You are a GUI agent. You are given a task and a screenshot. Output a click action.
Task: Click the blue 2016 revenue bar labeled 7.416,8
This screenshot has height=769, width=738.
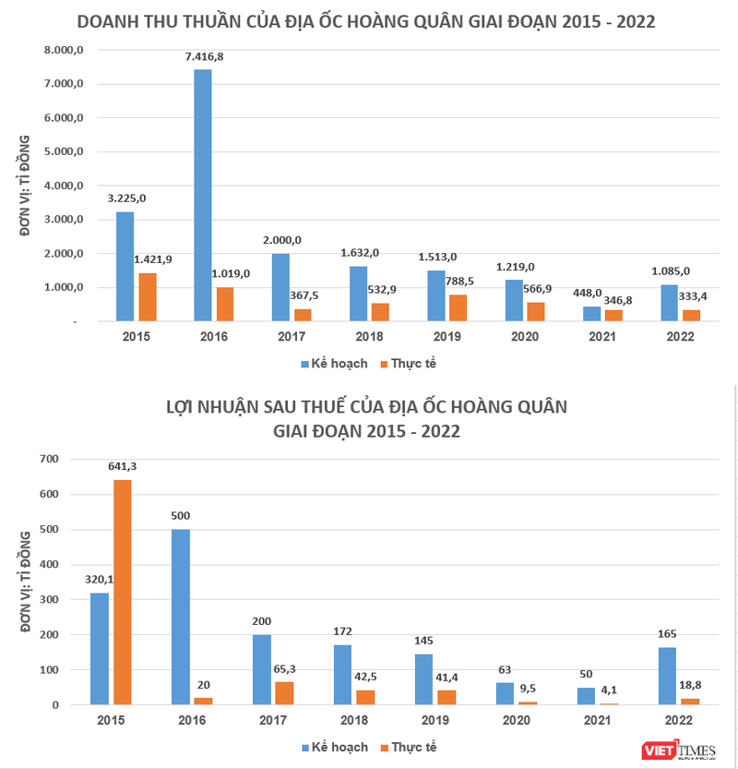pyautogui.click(x=202, y=195)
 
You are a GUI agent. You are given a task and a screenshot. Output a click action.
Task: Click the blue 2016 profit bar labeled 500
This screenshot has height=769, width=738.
pyautogui.click(x=181, y=617)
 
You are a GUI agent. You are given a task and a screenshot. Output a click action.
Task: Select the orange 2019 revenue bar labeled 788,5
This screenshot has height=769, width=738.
pyautogui.click(x=458, y=307)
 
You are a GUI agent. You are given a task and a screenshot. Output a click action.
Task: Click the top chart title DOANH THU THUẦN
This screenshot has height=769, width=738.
pyautogui.click(x=367, y=21)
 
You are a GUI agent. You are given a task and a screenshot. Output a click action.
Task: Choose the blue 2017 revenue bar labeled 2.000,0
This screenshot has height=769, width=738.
pyautogui.click(x=280, y=287)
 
